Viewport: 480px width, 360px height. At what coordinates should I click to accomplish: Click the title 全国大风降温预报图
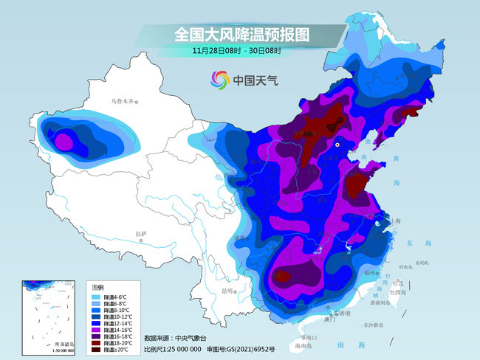pyautogui.click(x=241, y=34)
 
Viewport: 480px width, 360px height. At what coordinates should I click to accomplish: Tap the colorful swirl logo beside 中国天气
pyautogui.click(x=219, y=80)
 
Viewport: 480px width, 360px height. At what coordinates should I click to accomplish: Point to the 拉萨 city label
pyautogui.click(x=142, y=234)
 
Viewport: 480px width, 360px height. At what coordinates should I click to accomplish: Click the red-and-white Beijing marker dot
pyautogui.click(x=337, y=145)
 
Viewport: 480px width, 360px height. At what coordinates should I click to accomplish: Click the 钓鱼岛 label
pyautogui.click(x=404, y=266)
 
